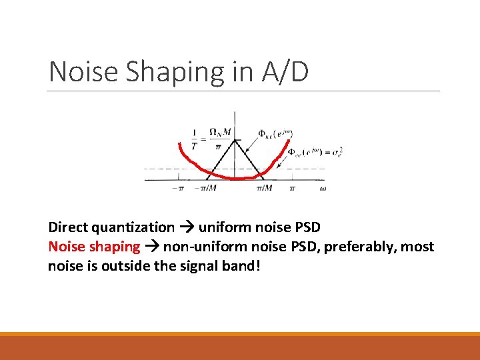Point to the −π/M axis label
pyautogui.click(x=207, y=189)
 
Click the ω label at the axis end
pyautogui.click(x=323, y=189)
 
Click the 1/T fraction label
pyautogui.click(x=194, y=137)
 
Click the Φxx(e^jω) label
pyautogui.click(x=273, y=133)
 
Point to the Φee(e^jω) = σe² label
pyautogui.click(x=307, y=153)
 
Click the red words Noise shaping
pyautogui.click(x=94, y=247)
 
